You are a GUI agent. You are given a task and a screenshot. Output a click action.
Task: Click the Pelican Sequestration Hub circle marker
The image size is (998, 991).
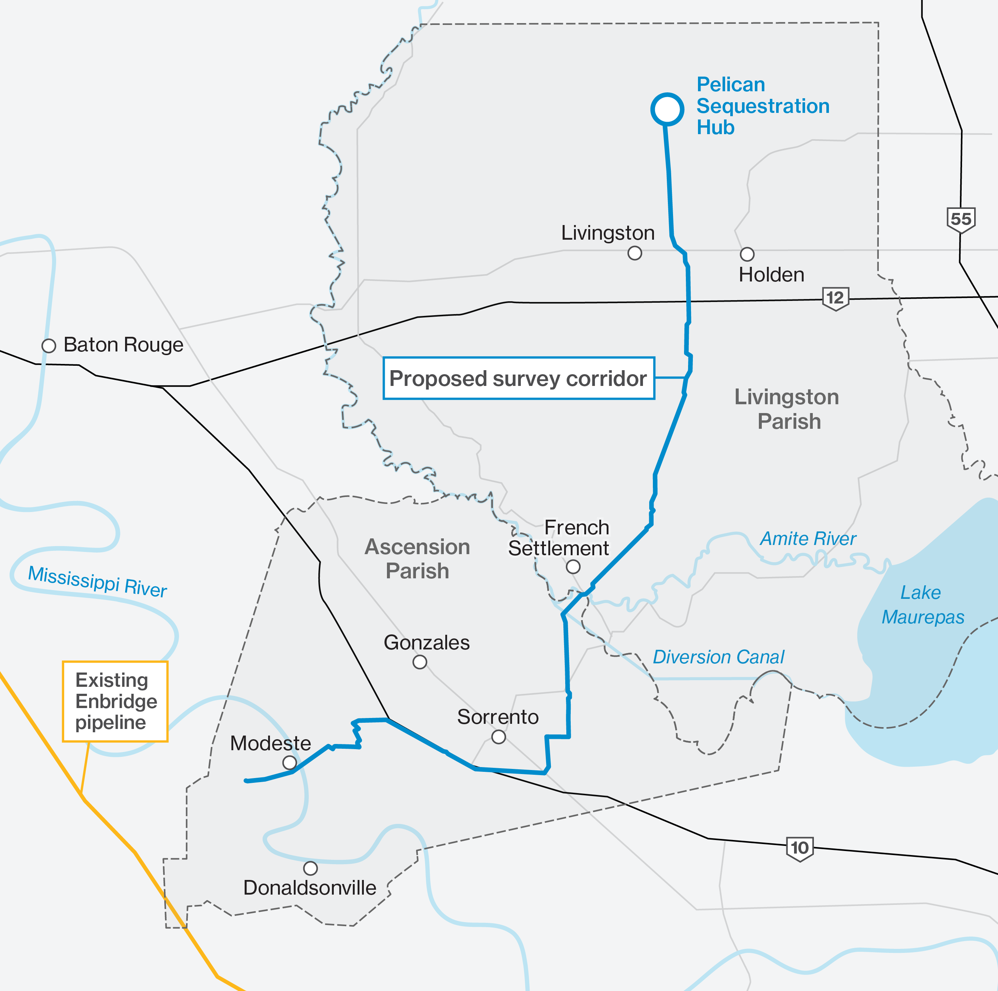[x=667, y=109]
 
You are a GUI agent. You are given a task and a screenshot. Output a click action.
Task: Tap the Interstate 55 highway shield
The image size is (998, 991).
[x=961, y=220]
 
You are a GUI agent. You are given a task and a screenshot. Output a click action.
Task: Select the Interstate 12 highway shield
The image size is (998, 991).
[x=835, y=298]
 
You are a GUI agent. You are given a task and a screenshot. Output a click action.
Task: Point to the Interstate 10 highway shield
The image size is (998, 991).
[x=800, y=848]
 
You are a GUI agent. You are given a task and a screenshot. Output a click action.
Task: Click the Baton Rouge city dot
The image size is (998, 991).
[x=48, y=345]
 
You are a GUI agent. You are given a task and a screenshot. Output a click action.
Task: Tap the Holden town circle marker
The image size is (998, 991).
[x=747, y=254]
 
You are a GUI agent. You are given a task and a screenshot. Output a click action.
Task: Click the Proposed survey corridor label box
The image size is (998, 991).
[x=519, y=378]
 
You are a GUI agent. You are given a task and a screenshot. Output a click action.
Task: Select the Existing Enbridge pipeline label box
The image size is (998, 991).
[x=115, y=701]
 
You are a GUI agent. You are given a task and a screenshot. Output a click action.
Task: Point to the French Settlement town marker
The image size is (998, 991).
[x=573, y=567]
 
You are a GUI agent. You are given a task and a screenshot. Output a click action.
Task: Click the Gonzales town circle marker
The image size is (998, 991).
[x=420, y=662]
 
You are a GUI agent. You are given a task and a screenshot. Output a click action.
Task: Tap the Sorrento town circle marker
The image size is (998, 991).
[x=498, y=737]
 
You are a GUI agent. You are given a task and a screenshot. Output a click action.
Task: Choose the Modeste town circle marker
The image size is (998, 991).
[x=289, y=762]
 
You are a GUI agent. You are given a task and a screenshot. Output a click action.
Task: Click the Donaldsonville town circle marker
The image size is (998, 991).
[x=310, y=868]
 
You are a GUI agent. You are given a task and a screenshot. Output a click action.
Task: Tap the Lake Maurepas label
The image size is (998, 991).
[x=922, y=604]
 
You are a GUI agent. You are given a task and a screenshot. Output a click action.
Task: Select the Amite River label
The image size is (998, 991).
[x=808, y=538]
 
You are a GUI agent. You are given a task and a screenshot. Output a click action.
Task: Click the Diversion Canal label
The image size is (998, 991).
[x=719, y=657]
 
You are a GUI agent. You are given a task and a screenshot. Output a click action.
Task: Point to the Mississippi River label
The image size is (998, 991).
[x=97, y=582]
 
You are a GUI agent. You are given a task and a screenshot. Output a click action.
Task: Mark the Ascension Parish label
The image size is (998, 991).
[x=417, y=559]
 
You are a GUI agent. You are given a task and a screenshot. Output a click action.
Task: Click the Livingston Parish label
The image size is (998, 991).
[x=787, y=409]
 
